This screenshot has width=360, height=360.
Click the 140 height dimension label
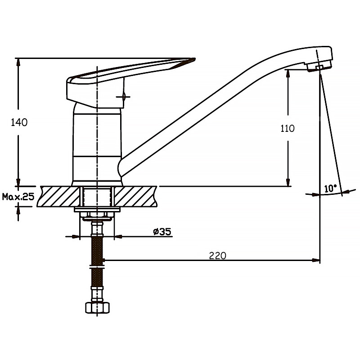(x=19, y=122)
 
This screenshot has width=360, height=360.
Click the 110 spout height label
(x=288, y=128)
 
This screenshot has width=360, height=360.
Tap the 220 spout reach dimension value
(x=217, y=256)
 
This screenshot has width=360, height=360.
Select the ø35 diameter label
(x=162, y=232)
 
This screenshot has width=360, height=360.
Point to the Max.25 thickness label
(x=18, y=197)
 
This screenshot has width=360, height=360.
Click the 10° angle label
(x=330, y=189)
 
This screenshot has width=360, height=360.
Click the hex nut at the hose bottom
(x=97, y=308)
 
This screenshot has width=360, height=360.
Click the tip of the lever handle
(x=195, y=59)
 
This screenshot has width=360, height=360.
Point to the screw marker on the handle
(x=123, y=97)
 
